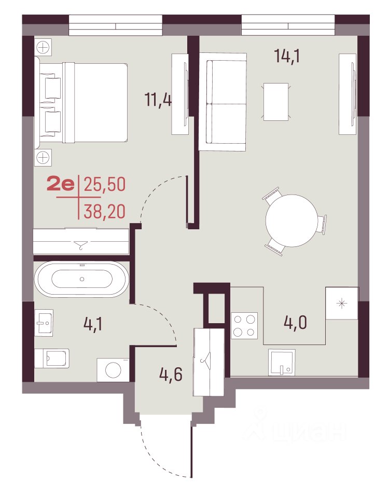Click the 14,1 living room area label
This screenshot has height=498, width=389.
click(287, 57)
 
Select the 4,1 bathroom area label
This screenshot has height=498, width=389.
click(93, 324)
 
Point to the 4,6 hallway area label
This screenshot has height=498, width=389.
click(171, 374)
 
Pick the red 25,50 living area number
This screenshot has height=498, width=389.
click(104, 184)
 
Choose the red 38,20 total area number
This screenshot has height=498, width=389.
click(104, 212)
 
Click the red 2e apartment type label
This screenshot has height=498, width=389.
click(61, 184)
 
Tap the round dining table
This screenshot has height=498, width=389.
click(291, 220)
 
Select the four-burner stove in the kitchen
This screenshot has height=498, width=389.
click(244, 326)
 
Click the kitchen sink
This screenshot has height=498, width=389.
click(282, 363)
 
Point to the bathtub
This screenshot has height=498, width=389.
click(82, 279)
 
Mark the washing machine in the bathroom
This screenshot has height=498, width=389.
click(113, 370)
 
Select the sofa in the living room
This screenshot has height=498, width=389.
click(223, 102)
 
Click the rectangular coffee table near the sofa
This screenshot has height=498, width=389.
click(276, 102)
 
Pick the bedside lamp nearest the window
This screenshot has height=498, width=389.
click(43, 48)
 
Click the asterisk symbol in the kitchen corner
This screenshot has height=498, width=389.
click(342, 303)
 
